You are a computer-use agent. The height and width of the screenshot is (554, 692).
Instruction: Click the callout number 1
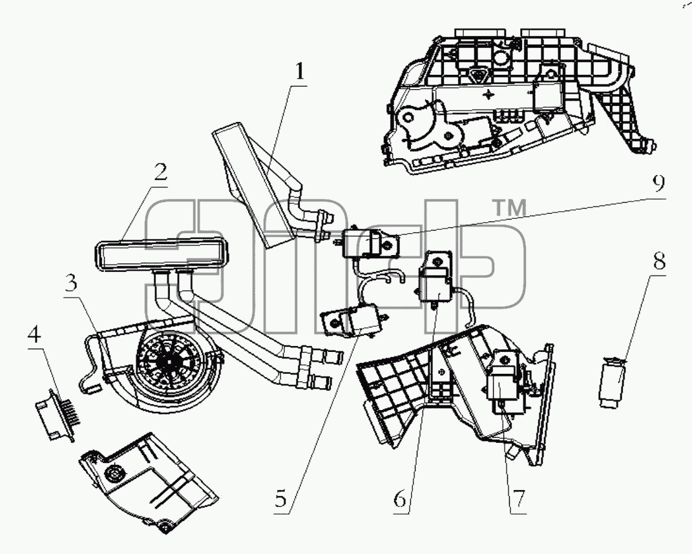[x=300, y=72]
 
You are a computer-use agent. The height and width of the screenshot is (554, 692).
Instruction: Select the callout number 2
[x=160, y=172]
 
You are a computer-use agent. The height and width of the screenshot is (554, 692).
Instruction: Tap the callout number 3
[x=70, y=284]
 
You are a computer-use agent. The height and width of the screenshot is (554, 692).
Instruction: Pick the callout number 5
[x=280, y=499]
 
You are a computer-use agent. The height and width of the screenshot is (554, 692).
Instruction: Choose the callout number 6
[x=399, y=499]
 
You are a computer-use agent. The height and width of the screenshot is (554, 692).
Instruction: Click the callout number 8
[x=659, y=262]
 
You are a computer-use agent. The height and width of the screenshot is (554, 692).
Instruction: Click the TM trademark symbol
[x=509, y=208]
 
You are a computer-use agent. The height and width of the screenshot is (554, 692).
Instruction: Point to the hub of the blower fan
[x=169, y=360]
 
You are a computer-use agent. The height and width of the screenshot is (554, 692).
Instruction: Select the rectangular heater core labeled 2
[x=161, y=254]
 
